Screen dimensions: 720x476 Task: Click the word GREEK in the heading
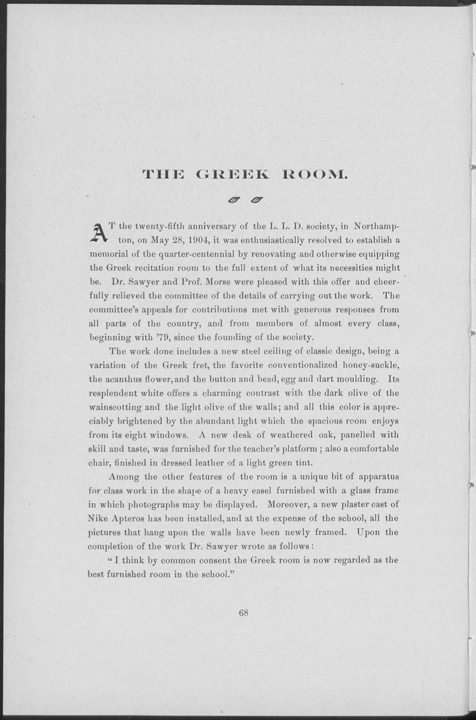233,175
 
